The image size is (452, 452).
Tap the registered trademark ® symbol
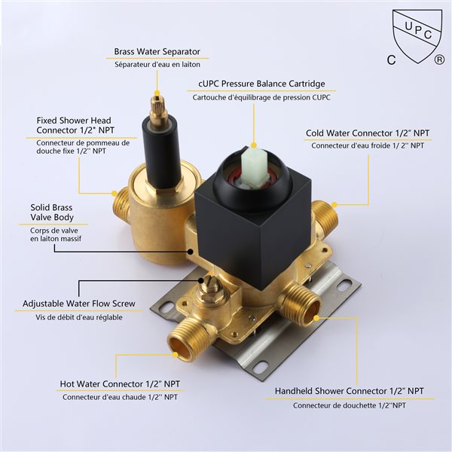[x=439, y=60]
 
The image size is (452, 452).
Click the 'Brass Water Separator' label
[x=157, y=51]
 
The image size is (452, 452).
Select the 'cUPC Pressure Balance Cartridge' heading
[x=261, y=84]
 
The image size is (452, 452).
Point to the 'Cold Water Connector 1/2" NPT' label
[x=368, y=133]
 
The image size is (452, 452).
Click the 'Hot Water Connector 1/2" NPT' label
[x=120, y=384]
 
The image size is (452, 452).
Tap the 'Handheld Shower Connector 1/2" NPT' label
[x=349, y=391]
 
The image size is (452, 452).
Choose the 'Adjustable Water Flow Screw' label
[x=79, y=304]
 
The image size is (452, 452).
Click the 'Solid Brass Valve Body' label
[x=52, y=212]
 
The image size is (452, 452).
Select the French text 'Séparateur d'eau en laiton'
[x=157, y=65]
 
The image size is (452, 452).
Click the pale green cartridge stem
[x=253, y=165]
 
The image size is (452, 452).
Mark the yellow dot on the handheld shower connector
[x=316, y=318]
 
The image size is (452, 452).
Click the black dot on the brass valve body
[x=191, y=252]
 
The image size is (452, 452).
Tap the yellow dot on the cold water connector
[x=334, y=205]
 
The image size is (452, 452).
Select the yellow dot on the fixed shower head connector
[x=115, y=193]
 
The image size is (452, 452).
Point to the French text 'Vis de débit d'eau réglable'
[x=79, y=317]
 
